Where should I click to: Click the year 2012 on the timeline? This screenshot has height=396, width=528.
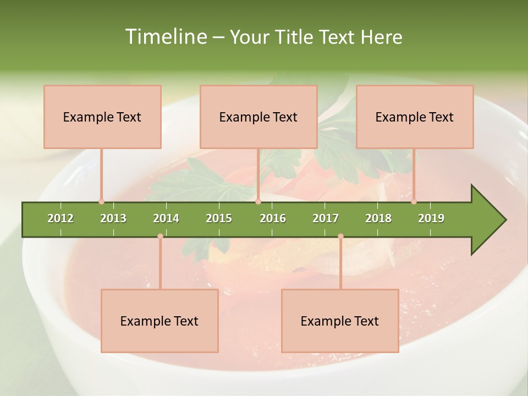click(x=61, y=218)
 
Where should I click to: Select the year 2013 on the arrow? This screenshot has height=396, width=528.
click(x=113, y=218)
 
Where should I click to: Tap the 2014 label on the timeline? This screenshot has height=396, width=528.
click(x=166, y=218)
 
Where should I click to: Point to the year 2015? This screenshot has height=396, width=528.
click(x=219, y=218)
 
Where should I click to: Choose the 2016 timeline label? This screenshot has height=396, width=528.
click(x=273, y=218)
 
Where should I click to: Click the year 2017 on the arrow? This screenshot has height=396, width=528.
click(x=326, y=218)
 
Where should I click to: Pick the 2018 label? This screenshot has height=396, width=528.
click(x=378, y=218)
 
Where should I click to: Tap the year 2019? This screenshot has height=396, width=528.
click(x=431, y=218)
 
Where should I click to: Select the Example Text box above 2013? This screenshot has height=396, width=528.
click(x=102, y=117)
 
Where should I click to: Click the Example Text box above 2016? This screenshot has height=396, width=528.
click(x=258, y=117)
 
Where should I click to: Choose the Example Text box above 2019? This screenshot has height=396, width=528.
click(x=415, y=117)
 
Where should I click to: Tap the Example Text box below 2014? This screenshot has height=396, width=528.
click(x=159, y=321)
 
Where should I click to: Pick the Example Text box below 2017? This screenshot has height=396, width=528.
click(x=340, y=321)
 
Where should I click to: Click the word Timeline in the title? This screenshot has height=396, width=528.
click(x=165, y=37)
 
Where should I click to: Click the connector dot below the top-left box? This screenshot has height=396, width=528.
click(x=101, y=201)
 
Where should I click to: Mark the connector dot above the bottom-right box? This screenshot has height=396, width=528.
click(x=340, y=237)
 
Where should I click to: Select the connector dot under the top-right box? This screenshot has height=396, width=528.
click(x=414, y=201)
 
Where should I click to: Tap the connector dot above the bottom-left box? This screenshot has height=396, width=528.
click(x=160, y=237)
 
